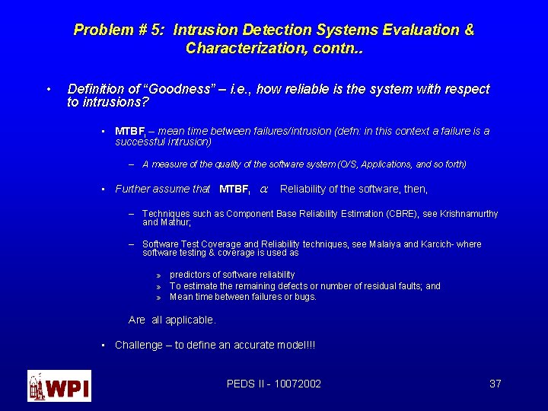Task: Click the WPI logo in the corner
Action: pyautogui.click(x=59, y=386)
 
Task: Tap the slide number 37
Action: pyautogui.click(x=495, y=384)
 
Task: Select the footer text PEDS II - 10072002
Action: pyautogui.click(x=274, y=384)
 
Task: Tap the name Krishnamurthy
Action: pyautogui.click(x=469, y=214)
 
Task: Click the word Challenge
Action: pyautogui.click(x=139, y=345)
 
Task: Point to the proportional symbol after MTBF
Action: pyautogui.click(x=263, y=189)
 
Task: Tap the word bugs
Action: pyautogui.click(x=305, y=297)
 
